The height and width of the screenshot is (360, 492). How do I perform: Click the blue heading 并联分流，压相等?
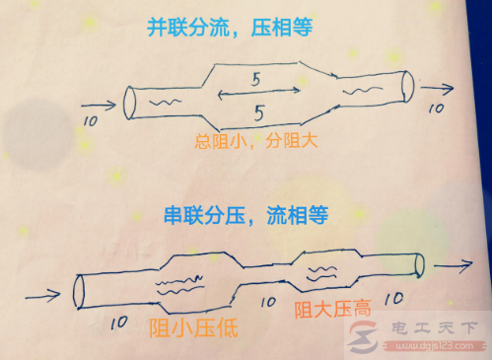(x=246, y=29)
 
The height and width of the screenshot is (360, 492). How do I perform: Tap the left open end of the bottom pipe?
(x=78, y=290)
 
